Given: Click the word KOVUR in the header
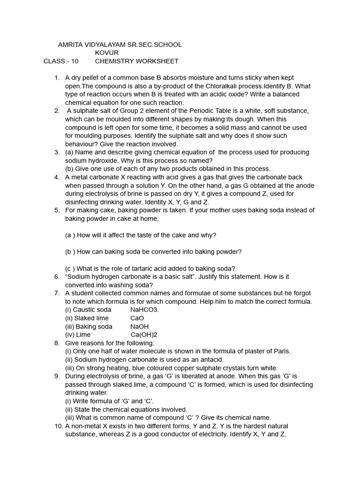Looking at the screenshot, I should point(107,53).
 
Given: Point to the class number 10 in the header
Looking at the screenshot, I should point(75,61).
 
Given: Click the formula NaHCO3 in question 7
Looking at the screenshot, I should point(145,310).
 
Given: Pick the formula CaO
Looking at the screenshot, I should point(137,318).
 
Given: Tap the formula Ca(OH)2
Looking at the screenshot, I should point(144,335).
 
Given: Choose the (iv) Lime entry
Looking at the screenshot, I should point(78,335).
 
